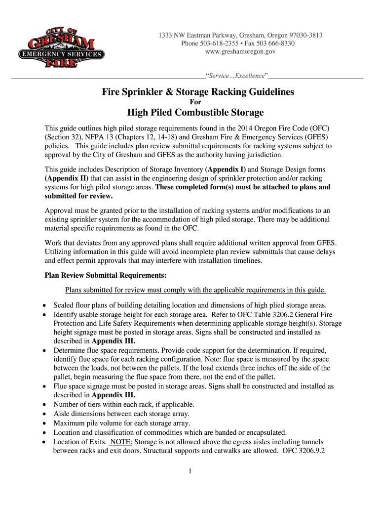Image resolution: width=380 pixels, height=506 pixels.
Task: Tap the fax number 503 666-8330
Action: click(x=277, y=43)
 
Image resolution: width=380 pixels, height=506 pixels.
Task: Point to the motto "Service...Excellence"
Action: click(x=237, y=76)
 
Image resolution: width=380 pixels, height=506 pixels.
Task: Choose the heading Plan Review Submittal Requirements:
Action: click(x=106, y=275)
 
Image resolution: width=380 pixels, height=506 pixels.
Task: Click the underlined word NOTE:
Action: click(x=121, y=442)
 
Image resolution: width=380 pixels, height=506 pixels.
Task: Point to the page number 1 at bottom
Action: click(x=190, y=471)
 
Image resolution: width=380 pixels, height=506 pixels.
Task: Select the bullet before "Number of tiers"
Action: click(x=45, y=405)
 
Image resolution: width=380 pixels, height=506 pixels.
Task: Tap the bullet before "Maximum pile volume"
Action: click(x=45, y=423)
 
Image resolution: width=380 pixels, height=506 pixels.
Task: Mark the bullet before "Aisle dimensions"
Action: click(x=45, y=414)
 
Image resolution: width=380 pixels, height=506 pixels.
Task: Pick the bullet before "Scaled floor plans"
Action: click(x=45, y=305)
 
